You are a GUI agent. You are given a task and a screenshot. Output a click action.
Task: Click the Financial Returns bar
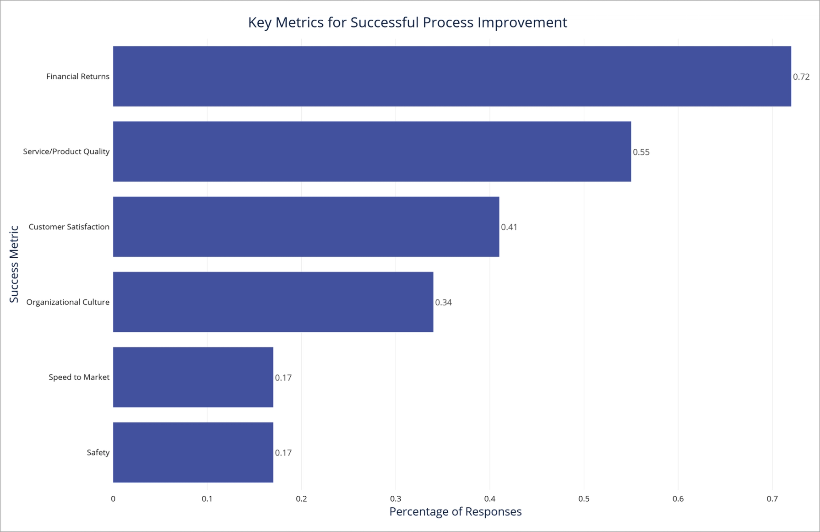click(x=452, y=76)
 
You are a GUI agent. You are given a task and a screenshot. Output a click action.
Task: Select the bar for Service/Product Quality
click(x=372, y=152)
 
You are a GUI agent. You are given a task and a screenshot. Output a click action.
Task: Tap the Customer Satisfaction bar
click(x=306, y=227)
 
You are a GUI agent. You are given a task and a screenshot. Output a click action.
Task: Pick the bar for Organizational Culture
click(x=273, y=302)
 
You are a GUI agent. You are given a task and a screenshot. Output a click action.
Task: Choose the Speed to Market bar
click(x=193, y=377)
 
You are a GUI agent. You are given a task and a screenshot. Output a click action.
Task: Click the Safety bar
click(x=193, y=452)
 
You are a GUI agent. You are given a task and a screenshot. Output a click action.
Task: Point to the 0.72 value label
click(x=801, y=77)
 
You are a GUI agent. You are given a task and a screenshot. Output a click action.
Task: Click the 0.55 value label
click(x=641, y=152)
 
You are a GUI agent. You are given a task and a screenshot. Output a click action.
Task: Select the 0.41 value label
click(x=509, y=227)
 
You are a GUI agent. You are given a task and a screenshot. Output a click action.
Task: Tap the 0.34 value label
click(x=443, y=303)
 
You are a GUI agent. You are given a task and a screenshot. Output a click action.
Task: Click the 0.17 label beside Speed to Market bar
click(x=283, y=378)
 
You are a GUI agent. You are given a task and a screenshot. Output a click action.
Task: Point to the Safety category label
click(x=98, y=453)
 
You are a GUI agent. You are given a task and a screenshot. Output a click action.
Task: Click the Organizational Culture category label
click(x=68, y=302)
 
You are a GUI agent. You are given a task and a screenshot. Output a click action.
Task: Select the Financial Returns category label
click(x=78, y=76)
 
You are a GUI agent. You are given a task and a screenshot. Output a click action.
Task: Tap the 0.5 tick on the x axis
click(x=584, y=499)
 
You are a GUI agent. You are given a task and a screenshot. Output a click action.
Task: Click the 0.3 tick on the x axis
click(x=396, y=499)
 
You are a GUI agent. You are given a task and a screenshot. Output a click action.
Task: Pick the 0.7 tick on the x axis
click(x=772, y=499)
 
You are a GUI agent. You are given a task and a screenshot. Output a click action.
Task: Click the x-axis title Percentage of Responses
click(x=455, y=511)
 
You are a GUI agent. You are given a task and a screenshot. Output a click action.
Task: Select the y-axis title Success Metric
click(x=14, y=264)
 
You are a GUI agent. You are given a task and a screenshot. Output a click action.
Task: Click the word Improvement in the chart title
click(x=522, y=22)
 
